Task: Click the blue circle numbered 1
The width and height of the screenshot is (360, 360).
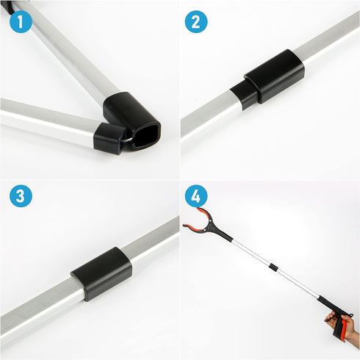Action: coord(21,22)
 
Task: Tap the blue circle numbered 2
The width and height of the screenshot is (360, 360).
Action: coord(195,22)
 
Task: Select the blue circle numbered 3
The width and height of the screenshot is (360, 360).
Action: coord(21,196)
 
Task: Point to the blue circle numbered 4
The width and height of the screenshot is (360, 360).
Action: coord(195,196)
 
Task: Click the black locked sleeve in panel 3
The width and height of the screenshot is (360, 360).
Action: coord(101,273)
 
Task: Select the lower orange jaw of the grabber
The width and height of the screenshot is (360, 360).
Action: coord(192,227)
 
